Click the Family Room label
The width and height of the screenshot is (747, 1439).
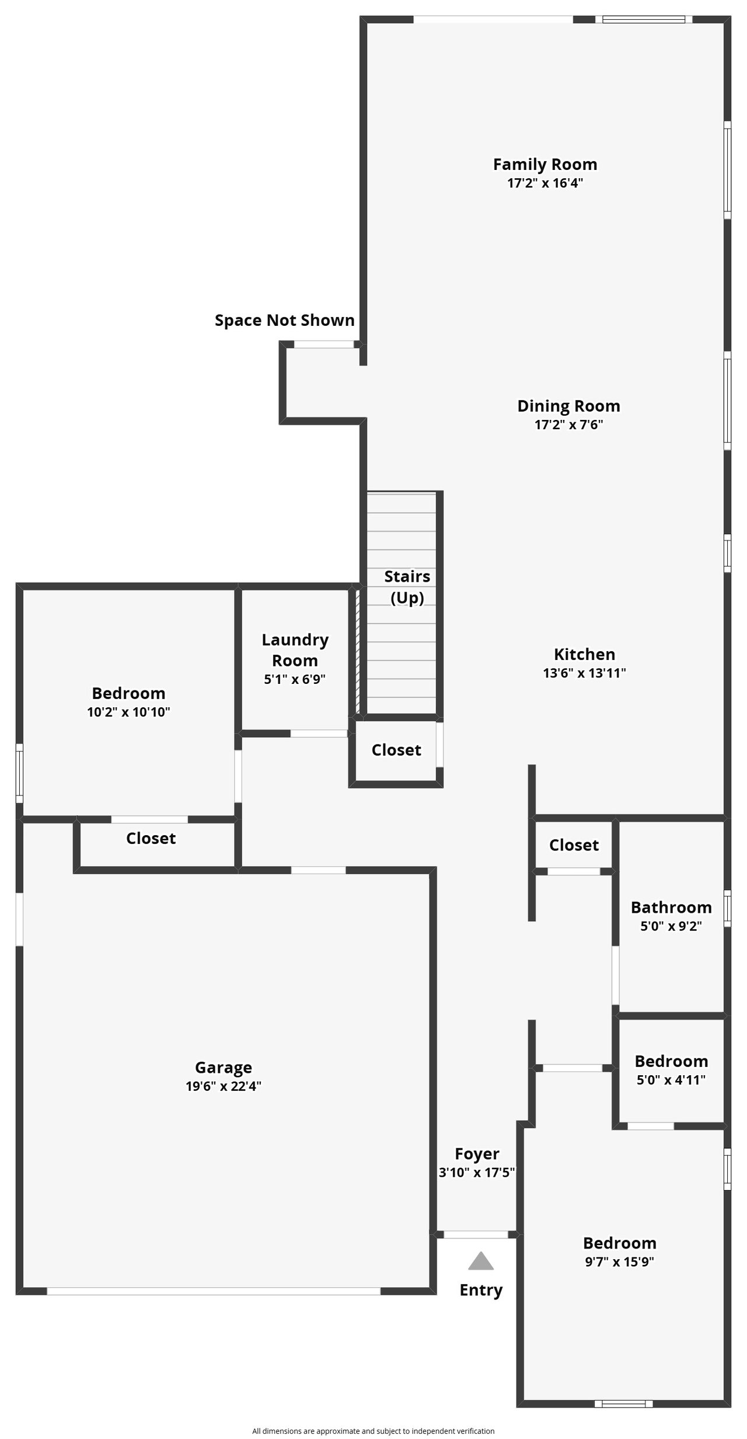[x=545, y=165]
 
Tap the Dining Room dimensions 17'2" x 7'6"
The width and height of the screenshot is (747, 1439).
[x=569, y=425]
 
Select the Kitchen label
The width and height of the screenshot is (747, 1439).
[x=584, y=654]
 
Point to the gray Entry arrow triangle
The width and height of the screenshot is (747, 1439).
[x=481, y=1261]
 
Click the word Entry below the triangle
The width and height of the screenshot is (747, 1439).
[x=481, y=1290]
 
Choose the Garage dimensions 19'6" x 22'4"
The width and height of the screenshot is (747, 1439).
[x=224, y=1086]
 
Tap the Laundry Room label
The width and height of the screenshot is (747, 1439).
[x=295, y=650]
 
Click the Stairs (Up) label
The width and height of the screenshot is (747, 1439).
[x=407, y=587]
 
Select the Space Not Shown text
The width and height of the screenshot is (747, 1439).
[x=285, y=320]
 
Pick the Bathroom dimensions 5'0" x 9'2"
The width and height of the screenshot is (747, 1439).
[x=671, y=926]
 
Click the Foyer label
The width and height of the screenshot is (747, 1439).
[x=477, y=1154]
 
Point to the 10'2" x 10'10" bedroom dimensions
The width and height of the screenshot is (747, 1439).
[x=128, y=712]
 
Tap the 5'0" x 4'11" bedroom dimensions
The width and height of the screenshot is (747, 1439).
[x=671, y=1080]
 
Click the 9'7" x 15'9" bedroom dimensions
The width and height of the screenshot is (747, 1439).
[x=619, y=1261]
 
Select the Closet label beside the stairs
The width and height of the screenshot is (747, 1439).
[x=396, y=750]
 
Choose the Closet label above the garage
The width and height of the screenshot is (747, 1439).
[x=151, y=839]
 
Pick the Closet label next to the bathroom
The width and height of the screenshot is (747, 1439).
[x=574, y=845]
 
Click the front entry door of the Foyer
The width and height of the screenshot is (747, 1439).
[x=476, y=1235]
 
